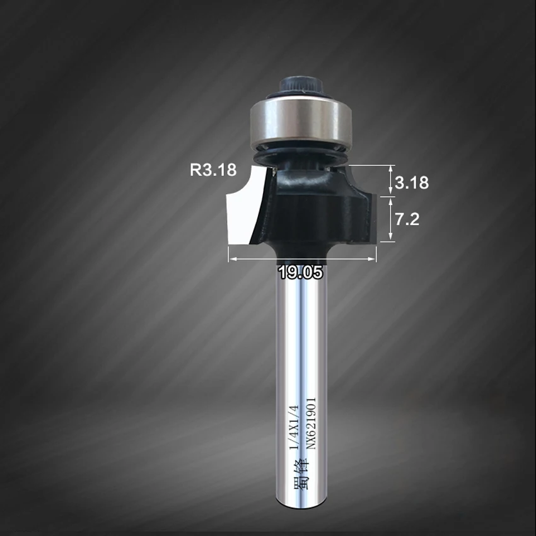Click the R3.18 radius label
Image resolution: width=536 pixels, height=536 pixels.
pyautogui.click(x=213, y=170)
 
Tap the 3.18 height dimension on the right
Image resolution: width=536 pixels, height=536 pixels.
pyautogui.click(x=412, y=182)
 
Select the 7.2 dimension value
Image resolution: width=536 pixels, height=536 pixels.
pyautogui.click(x=407, y=219)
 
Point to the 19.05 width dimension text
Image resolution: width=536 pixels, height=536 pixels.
pyautogui.click(x=300, y=272)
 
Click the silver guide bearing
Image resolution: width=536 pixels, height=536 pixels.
pyautogui.click(x=300, y=124)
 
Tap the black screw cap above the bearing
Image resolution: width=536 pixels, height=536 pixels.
pyautogui.click(x=301, y=86)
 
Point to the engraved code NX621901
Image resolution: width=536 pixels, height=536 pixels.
pyautogui.click(x=311, y=423)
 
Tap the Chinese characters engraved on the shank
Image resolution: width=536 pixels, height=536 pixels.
pyautogui.click(x=301, y=474)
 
